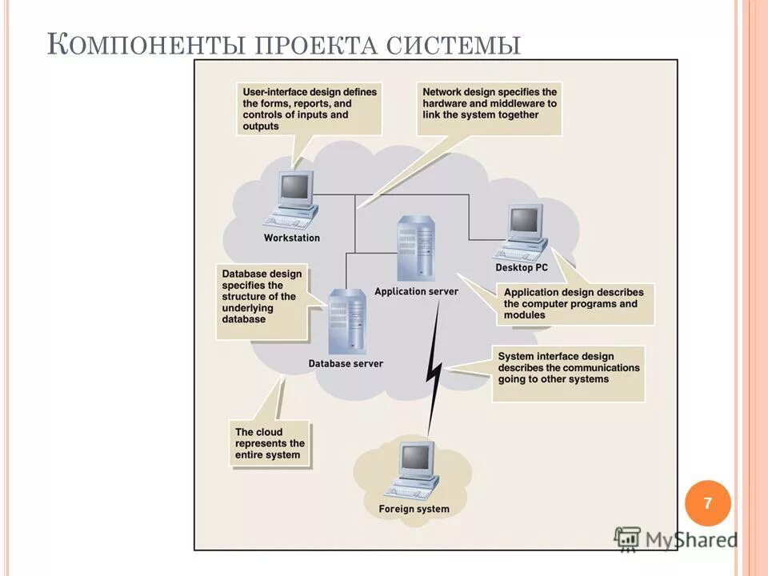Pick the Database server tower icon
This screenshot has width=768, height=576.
pyautogui.click(x=346, y=322)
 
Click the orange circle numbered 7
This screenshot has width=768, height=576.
pyautogui.click(x=708, y=503)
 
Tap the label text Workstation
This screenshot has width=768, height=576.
pyautogui.click(x=292, y=238)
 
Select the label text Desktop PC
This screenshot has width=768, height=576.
pyautogui.click(x=522, y=268)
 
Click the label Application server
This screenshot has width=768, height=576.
pyautogui.click(x=417, y=291)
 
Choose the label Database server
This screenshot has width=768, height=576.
pyautogui.click(x=346, y=363)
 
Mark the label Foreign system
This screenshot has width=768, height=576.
pyautogui.click(x=414, y=509)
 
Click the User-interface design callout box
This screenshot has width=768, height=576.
pyautogui.click(x=310, y=109)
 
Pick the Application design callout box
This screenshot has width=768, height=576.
pyautogui.click(x=574, y=304)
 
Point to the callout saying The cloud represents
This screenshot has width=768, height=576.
pyautogui.click(x=270, y=443)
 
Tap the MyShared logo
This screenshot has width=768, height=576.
pyautogui.click(x=676, y=539)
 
